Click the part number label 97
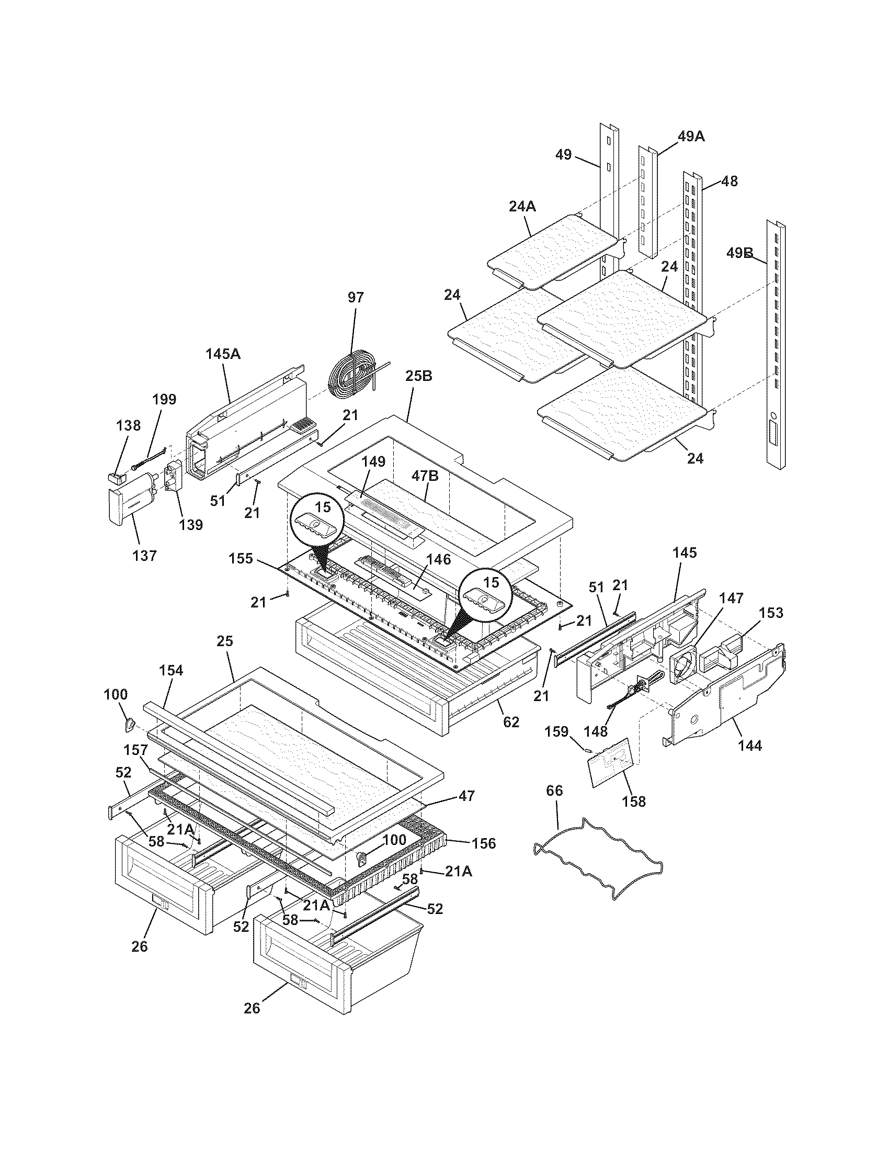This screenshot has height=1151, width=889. (x=356, y=297)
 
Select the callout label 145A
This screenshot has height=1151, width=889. (x=223, y=354)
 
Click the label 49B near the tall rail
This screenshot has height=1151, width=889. (x=739, y=253)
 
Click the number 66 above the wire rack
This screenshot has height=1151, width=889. (x=554, y=791)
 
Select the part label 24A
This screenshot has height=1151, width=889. (x=522, y=207)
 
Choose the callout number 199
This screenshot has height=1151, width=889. (x=164, y=399)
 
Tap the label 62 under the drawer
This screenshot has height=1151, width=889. (x=511, y=721)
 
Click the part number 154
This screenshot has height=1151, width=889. (x=171, y=670)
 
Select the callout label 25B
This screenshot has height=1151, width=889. (x=419, y=376)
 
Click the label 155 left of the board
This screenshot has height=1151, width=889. (x=241, y=558)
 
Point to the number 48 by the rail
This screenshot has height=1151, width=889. (x=729, y=182)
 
